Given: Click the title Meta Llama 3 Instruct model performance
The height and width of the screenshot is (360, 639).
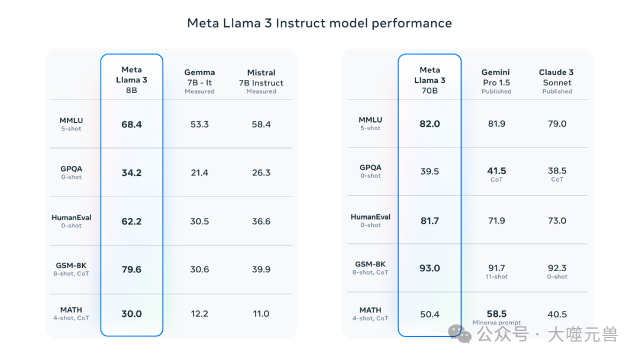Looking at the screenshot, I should (319, 23).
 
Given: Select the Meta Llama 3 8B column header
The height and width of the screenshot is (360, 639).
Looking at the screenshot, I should (131, 79).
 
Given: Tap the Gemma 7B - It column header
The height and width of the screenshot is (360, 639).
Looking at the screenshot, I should (199, 81).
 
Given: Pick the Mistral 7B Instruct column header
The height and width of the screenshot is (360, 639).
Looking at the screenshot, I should (261, 81).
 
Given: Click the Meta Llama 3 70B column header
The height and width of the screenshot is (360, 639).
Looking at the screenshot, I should (430, 79).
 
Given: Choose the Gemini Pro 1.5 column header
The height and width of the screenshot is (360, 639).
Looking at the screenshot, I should (496, 81).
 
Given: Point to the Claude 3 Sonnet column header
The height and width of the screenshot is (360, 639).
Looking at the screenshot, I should (557, 81).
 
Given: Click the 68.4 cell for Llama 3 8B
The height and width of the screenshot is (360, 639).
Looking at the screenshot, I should (131, 124).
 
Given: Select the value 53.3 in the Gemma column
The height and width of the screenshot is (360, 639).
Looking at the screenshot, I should (199, 124).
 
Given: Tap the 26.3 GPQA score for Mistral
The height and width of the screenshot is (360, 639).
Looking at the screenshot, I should (261, 173).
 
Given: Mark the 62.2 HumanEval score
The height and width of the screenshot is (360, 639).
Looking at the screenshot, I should (131, 221).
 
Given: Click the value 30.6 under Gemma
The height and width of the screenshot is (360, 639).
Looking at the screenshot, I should (199, 269).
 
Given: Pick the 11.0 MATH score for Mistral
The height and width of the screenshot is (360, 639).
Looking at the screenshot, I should (261, 314).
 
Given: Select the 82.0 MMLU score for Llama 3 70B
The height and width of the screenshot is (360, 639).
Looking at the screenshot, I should (430, 124).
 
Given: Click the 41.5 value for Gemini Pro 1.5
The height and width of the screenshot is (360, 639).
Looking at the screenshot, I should (496, 171).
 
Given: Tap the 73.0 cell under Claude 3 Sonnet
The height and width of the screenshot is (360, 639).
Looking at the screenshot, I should (557, 221).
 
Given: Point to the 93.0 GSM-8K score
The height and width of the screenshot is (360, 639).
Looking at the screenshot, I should (430, 268).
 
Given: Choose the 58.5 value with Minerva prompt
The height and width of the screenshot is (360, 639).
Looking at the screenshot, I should (496, 314).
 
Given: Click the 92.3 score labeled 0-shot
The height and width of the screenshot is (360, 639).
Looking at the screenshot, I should (557, 268).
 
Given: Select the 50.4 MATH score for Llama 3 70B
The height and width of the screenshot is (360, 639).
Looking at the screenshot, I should (430, 314).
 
